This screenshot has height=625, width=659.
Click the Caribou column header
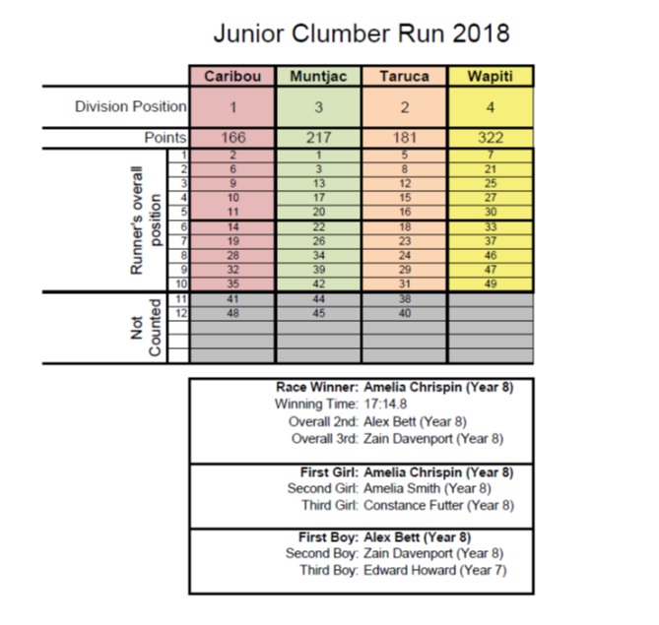tap(232, 77)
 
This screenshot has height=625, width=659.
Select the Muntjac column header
tap(318, 77)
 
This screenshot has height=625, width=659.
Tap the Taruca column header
tap(404, 77)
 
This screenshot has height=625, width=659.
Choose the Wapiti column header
tap(490, 77)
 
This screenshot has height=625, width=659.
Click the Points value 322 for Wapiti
tap(491, 138)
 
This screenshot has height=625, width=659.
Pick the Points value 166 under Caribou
tap(233, 138)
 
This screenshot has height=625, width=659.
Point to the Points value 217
tap(318, 138)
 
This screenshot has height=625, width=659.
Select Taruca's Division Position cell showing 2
tap(404, 107)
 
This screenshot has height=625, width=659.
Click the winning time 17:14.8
tap(385, 405)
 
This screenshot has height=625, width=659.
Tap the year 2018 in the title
tap(482, 33)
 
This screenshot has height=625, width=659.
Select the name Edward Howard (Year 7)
tap(435, 571)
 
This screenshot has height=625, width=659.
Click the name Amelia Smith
tap(402, 488)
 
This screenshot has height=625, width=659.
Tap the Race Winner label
tap(317, 387)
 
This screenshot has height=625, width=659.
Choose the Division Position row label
tap(131, 106)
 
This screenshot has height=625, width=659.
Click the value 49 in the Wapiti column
tap(491, 283)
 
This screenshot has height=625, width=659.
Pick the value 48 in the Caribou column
tap(232, 313)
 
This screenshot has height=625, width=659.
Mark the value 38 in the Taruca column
tap(404, 299)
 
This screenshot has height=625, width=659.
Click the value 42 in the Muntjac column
tap(318, 283)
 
